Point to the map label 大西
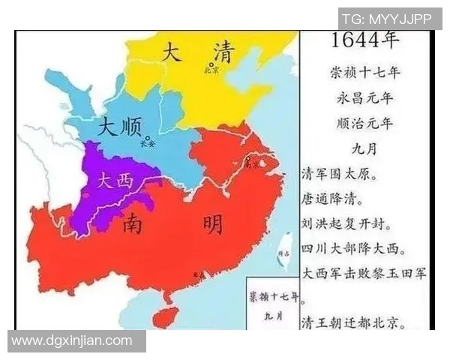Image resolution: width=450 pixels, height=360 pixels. click(114, 180)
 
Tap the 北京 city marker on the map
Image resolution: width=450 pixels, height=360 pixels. click(212, 64)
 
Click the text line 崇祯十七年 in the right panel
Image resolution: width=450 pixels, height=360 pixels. click(365, 73)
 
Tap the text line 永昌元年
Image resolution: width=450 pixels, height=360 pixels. click(365, 98)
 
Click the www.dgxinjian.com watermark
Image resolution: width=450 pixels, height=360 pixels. click(72, 341)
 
